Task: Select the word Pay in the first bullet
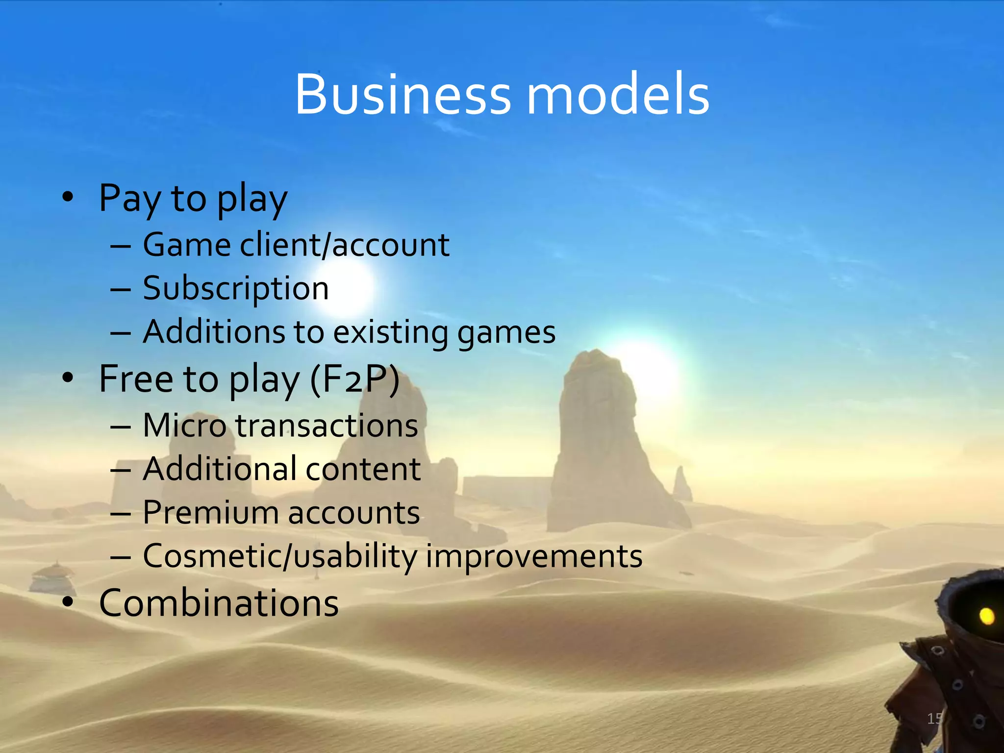pos(129,199)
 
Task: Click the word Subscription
pos(236,288)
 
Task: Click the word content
pos(363,469)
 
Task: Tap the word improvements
pos(534,557)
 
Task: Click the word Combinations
pos(219,602)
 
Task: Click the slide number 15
pos(934,719)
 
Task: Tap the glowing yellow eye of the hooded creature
pos(986,616)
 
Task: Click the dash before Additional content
pos(121,470)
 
